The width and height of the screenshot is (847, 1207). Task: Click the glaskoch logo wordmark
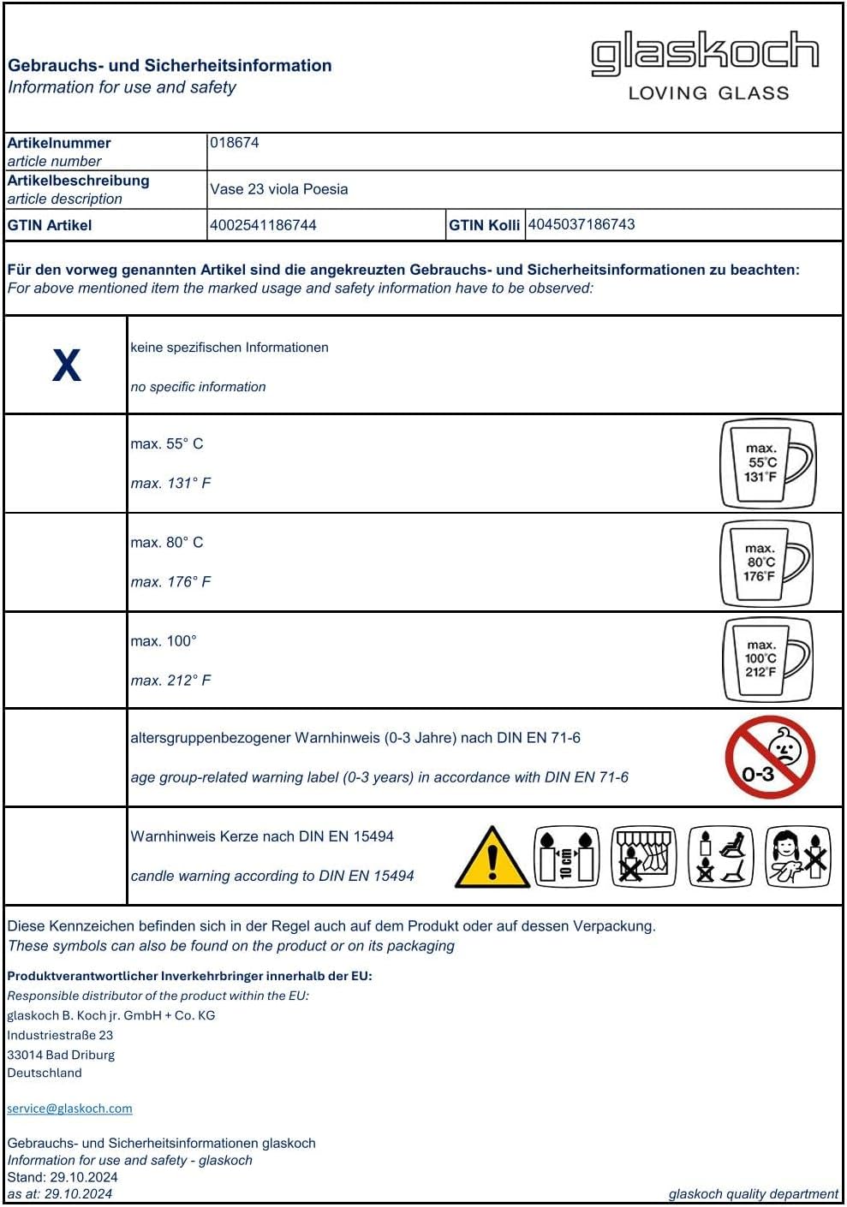pos(705,53)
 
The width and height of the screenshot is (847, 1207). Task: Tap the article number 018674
pos(235,143)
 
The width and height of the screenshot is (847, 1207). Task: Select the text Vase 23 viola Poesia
pos(279,189)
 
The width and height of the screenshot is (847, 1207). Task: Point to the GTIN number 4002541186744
pos(263,225)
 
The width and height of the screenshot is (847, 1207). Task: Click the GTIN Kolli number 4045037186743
pos(582,224)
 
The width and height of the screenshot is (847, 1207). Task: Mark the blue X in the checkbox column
pos(67,366)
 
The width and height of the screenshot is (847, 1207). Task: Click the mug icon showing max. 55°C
pos(766,464)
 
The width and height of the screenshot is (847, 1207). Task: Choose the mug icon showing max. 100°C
pos(766,659)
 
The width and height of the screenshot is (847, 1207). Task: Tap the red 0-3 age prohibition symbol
pos(770,758)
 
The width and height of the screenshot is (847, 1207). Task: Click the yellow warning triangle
pos(492,857)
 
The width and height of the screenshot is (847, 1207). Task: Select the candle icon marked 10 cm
pos(566,856)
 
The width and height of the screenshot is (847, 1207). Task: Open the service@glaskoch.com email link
pos(69,1109)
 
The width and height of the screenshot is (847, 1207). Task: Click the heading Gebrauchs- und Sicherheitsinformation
pos(170,66)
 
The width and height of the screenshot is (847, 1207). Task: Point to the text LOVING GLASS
pos(708,93)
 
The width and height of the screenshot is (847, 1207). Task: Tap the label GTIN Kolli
pos(484,225)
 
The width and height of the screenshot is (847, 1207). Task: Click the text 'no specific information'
pos(198,387)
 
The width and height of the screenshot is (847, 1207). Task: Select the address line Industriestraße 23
pos(60,1035)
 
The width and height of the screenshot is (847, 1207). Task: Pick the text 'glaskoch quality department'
pos(753,1194)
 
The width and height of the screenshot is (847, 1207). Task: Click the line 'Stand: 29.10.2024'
pos(63,1177)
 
